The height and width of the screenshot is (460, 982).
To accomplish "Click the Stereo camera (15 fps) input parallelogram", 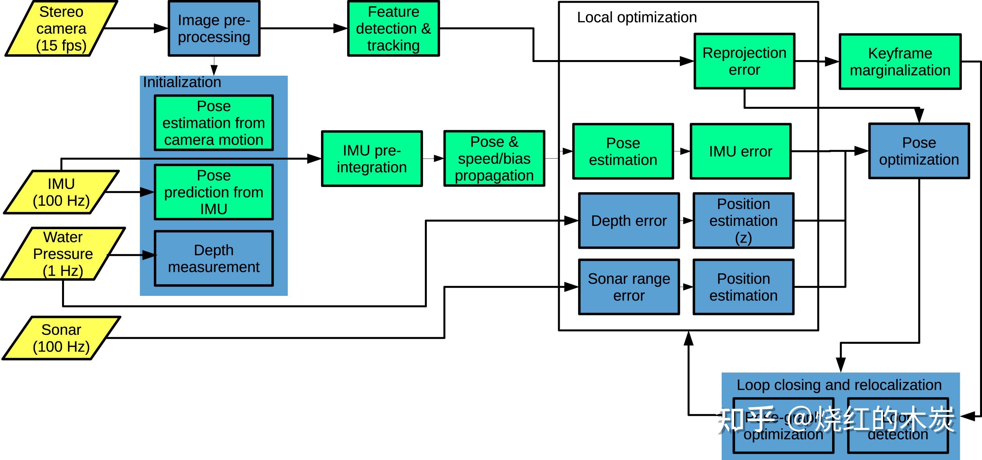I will click(61, 29).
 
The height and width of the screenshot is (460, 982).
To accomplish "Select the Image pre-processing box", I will click(214, 29).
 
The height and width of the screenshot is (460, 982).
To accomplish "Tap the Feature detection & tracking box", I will click(394, 29).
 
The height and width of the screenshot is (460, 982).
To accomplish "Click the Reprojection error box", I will click(744, 61).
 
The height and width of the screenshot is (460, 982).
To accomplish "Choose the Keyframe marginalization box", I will click(900, 61).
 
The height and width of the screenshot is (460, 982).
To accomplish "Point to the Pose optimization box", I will click(919, 151).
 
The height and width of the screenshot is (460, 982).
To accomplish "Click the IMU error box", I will click(740, 151).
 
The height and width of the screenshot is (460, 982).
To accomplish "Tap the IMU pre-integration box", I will click(372, 159).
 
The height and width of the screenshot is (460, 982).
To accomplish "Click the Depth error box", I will click(629, 221).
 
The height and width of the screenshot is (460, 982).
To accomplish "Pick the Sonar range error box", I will click(629, 287).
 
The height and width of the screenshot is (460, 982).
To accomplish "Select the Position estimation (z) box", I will click(743, 221).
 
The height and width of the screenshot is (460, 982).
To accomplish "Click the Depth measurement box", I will click(214, 258).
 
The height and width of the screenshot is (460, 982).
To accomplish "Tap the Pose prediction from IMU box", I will click(214, 192).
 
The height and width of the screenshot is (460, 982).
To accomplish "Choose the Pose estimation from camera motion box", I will click(214, 123).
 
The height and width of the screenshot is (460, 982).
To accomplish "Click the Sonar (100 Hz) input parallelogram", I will click(61, 338).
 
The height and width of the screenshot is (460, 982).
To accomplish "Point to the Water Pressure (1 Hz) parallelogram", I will click(63, 254).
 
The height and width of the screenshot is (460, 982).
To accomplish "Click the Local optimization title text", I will click(636, 17).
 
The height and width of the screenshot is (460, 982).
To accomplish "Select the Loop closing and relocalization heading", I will click(839, 385).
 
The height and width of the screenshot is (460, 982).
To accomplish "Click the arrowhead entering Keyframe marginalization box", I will click(832, 61).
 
